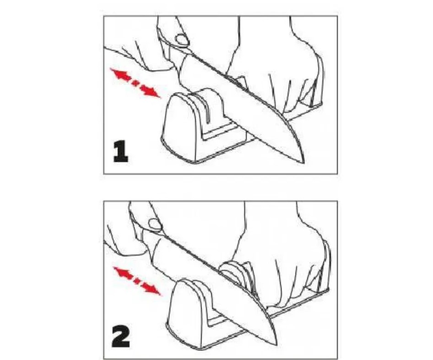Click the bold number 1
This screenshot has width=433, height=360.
tap(121, 151)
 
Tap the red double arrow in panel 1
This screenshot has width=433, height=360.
tap(135, 83)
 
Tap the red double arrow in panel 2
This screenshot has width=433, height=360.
tap(137, 281)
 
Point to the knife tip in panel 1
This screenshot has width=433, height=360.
tap(304, 163)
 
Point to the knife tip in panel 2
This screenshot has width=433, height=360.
tap(276, 345)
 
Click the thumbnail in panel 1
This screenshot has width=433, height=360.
tap(183, 39)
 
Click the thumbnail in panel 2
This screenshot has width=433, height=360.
tap(155, 224)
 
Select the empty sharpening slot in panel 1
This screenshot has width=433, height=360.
tap(206, 108)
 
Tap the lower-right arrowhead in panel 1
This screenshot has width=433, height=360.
tap(151, 91)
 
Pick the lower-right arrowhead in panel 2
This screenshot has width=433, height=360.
tap(152, 289)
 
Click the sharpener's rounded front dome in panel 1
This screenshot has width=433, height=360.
tap(179, 127)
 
